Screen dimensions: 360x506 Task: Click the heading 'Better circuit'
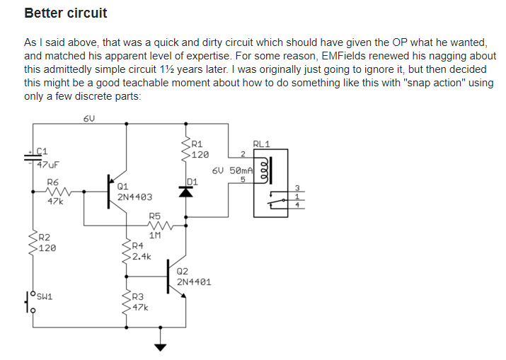[65, 13]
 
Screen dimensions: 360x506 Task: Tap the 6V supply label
[88, 119]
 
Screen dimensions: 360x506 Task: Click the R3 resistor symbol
[127, 302]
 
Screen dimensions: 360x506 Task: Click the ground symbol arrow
[161, 347]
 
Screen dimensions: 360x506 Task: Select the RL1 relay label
[261, 144]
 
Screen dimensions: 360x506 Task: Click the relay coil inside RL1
[265, 171]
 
